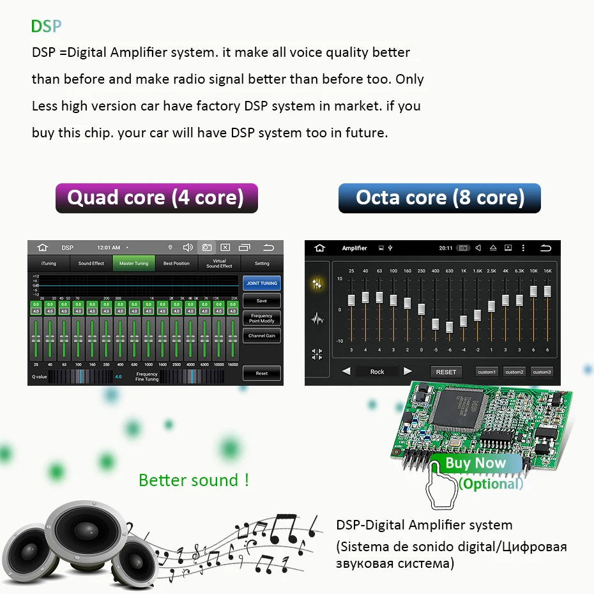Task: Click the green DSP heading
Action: [x=47, y=26]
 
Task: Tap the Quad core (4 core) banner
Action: [x=156, y=198]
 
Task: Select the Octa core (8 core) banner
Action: [x=439, y=198]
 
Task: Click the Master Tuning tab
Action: [x=133, y=263]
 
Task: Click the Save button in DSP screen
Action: [x=261, y=301]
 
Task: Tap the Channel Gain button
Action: [x=261, y=335]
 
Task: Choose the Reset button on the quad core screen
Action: [x=261, y=373]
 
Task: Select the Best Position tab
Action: [x=176, y=263]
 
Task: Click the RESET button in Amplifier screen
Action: [x=446, y=372]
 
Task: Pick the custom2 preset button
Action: [x=514, y=372]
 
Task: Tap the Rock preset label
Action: [x=377, y=372]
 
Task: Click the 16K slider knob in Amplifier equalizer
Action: [x=547, y=291]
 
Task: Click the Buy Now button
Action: [x=475, y=463]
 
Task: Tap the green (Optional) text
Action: [x=491, y=484]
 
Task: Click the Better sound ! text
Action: [x=194, y=480]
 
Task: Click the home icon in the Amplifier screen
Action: [x=320, y=248]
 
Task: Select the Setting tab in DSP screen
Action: [x=262, y=263]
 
